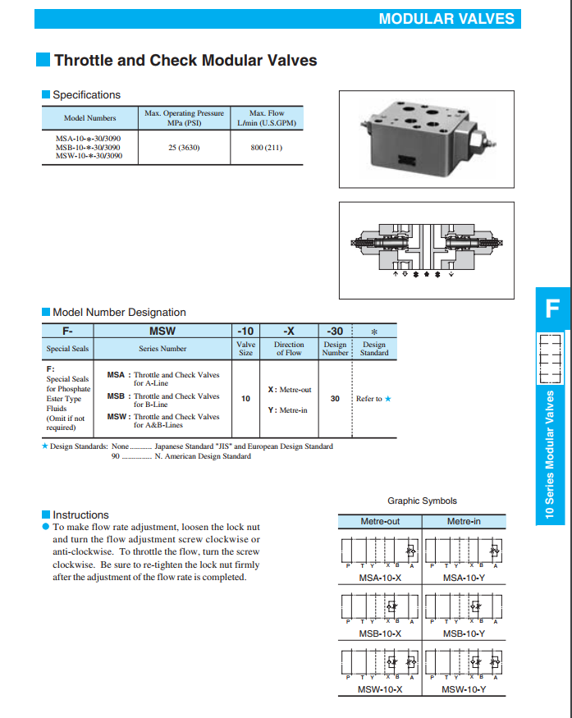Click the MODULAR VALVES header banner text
coord(446,19)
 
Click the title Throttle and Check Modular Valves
coord(185,60)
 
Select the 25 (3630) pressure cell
coord(184,148)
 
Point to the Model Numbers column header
coord(90,118)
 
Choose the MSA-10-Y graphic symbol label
coord(464,578)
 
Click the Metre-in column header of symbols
coord(464,521)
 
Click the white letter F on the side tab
coord(552,309)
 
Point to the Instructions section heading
coord(80,514)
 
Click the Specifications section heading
coord(86,95)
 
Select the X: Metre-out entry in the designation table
coord(290,390)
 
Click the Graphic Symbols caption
coord(422,501)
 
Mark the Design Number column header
coord(335,349)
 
